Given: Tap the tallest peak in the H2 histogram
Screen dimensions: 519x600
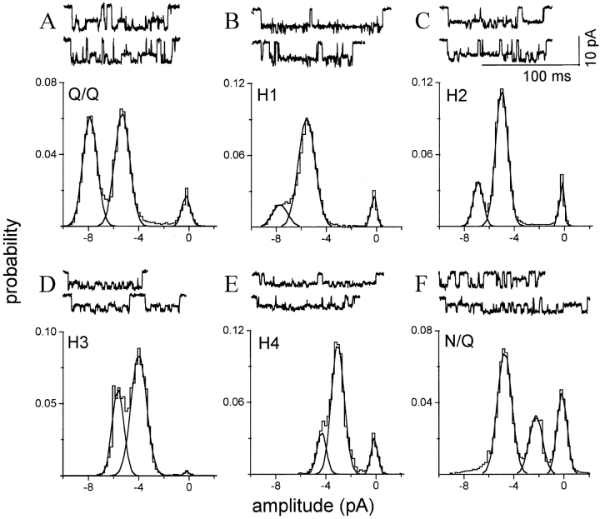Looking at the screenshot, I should (502, 90).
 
